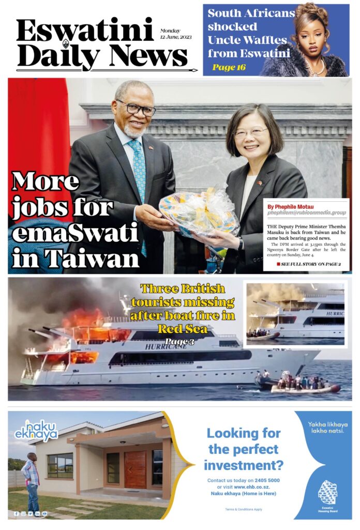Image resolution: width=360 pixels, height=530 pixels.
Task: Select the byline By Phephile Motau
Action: [x=291, y=207]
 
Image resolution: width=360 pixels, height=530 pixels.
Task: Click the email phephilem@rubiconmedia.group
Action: [x=306, y=213]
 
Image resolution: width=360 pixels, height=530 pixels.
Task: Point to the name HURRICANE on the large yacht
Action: [x=168, y=347]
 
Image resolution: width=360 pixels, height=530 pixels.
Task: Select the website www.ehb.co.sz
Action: [x=253, y=487]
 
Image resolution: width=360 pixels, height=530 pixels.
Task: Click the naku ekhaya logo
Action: [x=36, y=430]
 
